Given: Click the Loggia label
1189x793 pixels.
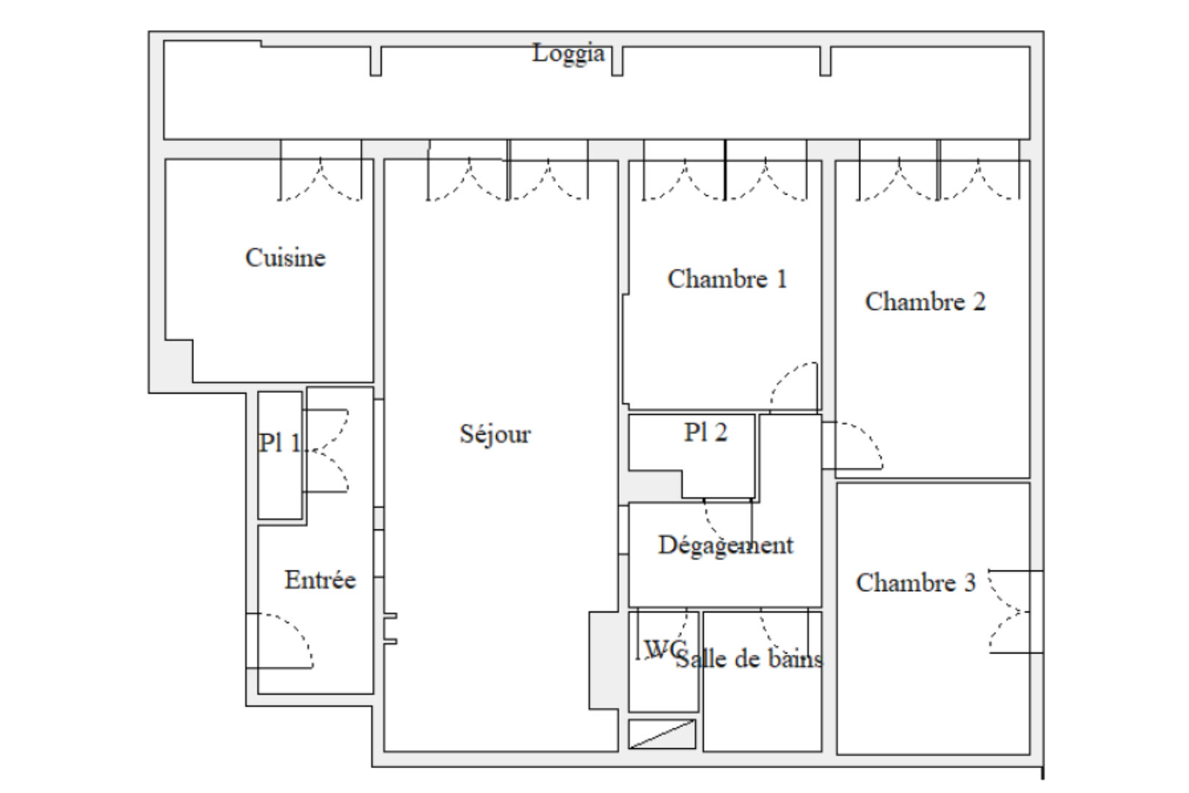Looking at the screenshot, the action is [569, 54].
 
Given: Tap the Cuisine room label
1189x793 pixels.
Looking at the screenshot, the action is [286, 258].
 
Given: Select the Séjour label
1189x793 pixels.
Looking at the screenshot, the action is [495, 435].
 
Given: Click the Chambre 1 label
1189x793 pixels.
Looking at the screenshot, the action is [727, 279].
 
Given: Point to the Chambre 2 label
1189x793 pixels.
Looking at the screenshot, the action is [926, 302].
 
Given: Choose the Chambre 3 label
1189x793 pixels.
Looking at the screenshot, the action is [916, 583].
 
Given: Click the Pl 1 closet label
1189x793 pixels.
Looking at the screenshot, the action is [280, 443].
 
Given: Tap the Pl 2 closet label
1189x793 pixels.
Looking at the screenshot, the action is [705, 432].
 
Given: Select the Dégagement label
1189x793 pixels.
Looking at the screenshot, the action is [726, 546].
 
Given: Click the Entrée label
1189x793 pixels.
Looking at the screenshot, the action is [320, 579].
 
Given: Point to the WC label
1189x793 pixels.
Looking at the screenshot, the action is [664, 648].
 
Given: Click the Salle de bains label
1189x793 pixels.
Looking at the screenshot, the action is [749, 659].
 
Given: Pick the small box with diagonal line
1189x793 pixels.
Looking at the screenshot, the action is [662, 734].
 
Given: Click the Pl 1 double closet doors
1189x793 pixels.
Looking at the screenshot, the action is [326, 450].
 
